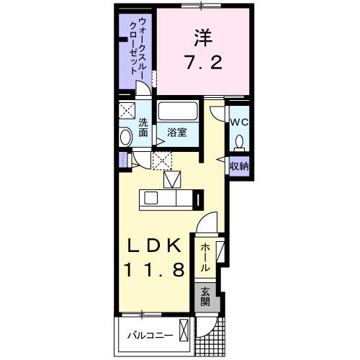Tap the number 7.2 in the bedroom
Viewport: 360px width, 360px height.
coord(203,64)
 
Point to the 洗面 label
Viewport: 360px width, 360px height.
coord(143,127)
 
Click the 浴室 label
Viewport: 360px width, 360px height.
coord(176,133)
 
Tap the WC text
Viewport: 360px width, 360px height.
coord(239,122)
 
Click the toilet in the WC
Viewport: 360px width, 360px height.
coord(239,141)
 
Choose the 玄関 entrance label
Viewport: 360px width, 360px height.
coord(205,296)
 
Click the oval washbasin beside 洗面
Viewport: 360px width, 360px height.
coord(125,138)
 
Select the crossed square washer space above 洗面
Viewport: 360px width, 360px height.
coord(127,111)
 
